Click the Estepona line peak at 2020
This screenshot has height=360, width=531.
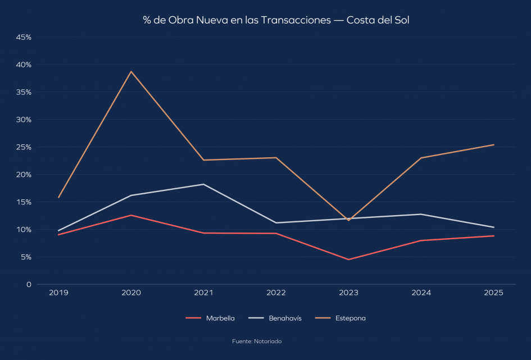click(x=131, y=71)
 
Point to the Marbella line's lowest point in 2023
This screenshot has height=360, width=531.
click(x=348, y=259)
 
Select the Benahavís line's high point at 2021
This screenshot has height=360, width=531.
click(x=203, y=184)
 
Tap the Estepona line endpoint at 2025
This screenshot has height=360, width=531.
click(x=493, y=145)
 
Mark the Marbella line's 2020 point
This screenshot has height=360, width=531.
click(x=131, y=215)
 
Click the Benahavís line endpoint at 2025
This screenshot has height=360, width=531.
click(x=493, y=227)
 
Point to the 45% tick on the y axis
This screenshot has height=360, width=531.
click(x=24, y=37)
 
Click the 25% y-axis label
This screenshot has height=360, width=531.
click(x=24, y=147)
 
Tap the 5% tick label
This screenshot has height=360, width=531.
click(x=26, y=257)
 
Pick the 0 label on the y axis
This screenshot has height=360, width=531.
click(x=29, y=285)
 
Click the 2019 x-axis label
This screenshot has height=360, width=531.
click(x=58, y=293)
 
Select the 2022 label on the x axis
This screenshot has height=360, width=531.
click(x=276, y=293)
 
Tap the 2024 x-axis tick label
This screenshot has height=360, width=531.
click(x=421, y=293)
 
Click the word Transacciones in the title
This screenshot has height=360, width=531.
click(x=296, y=20)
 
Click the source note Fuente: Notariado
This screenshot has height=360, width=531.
click(x=257, y=341)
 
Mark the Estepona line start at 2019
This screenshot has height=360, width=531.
click(x=58, y=197)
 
